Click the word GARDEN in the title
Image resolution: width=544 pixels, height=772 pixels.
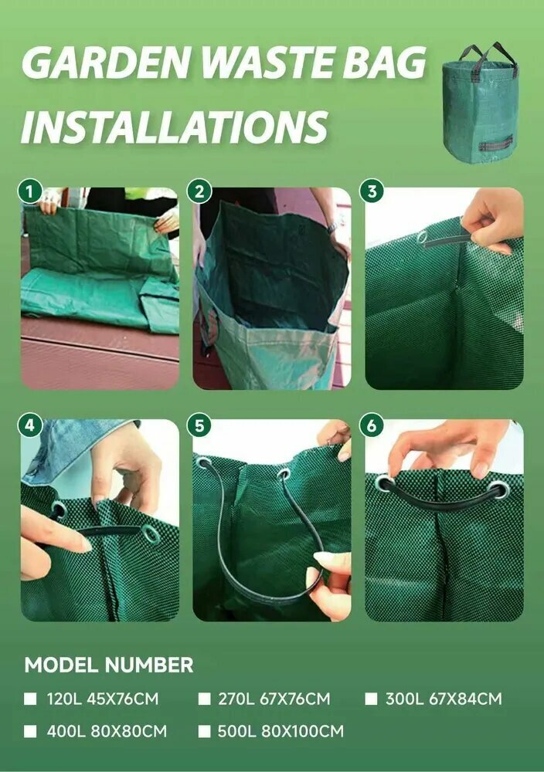tap(106, 63)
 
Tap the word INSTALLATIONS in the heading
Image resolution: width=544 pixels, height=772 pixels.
tap(175, 127)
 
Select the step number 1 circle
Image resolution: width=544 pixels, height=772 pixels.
tap(31, 191)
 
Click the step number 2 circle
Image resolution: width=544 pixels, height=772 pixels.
tap(199, 191)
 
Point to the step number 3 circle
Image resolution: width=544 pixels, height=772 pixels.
tap(372, 191)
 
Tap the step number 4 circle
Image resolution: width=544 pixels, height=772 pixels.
tap(31, 425)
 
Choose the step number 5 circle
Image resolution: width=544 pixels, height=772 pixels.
tap(199, 425)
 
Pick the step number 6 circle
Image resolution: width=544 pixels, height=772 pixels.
tap(372, 425)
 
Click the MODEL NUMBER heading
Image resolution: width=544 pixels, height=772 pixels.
tap(109, 665)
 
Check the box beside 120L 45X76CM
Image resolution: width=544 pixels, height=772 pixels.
tap(31, 699)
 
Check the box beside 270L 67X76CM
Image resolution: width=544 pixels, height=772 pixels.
tap(205, 699)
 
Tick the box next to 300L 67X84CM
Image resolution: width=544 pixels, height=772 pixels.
tap(371, 699)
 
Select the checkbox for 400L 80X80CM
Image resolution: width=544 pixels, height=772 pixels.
tap(31, 731)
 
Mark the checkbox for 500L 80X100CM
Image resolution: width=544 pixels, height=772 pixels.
tap(205, 731)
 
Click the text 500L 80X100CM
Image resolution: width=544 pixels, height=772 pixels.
tap(280, 731)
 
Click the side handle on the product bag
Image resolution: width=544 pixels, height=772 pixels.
tap(496, 145)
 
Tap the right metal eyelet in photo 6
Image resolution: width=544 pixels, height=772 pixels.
tap(498, 490)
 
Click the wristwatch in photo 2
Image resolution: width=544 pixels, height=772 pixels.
tap(332, 228)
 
